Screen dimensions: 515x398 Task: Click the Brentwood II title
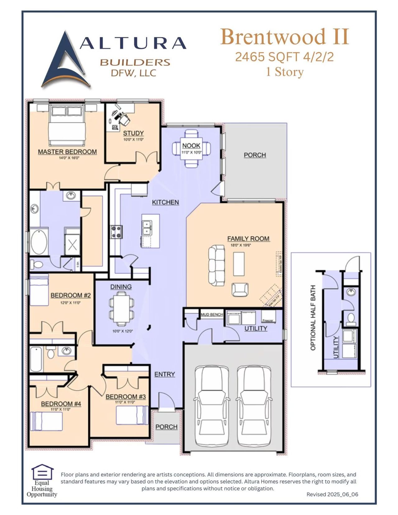coord(285,37)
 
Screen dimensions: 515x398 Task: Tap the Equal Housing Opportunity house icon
coord(42,472)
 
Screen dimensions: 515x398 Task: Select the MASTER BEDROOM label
coord(67,152)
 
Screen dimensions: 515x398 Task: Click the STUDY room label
coord(133,133)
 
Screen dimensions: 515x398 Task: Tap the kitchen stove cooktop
coord(117,232)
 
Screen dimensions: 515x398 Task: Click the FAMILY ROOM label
coord(248,239)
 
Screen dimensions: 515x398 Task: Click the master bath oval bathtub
coord(39,242)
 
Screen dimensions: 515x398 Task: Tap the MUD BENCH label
coord(212,315)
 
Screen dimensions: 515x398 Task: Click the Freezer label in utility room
coord(268,320)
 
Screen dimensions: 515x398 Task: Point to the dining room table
coord(121,308)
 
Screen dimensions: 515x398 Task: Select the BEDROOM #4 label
coord(61,404)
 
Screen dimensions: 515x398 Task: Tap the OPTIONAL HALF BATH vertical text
coord(313,318)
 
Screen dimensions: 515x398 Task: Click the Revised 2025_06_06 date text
coord(332,494)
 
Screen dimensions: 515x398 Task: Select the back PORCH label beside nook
coord(255,155)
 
